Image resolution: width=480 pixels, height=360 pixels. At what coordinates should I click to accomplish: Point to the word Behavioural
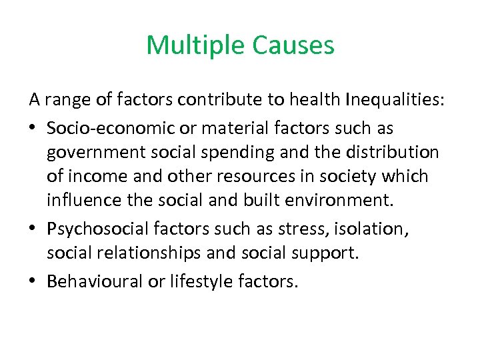[x=95, y=281]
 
